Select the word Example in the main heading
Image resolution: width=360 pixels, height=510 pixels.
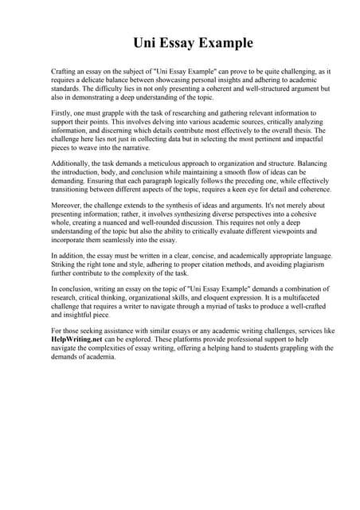[x=221, y=42]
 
